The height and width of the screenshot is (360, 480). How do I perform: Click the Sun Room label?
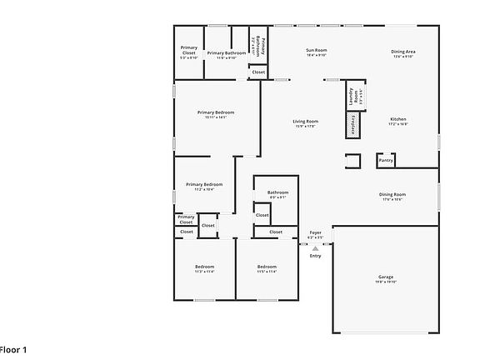316,52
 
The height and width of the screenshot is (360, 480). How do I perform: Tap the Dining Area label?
403,52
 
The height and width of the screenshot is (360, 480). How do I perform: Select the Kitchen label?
398,119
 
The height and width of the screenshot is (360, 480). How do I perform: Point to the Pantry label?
385,160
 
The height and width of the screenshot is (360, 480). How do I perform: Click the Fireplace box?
353,126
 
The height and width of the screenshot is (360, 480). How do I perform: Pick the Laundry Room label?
353,98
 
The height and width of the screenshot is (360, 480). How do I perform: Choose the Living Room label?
306,122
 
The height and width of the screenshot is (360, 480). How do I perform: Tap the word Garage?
386,277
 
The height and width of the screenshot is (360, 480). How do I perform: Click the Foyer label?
316,232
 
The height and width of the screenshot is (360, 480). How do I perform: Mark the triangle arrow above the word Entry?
316,248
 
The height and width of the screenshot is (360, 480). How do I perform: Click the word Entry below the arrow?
316,256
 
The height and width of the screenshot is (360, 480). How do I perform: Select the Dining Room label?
392,194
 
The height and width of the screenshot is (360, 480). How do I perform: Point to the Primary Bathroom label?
227,52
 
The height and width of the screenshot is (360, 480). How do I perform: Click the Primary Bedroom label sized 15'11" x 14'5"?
216,112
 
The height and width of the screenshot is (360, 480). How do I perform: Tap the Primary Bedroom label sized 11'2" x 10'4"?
204,184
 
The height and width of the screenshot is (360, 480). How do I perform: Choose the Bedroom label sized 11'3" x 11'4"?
204,267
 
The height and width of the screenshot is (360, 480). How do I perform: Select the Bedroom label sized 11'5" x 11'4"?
267,267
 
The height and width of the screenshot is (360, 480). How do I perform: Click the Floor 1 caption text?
13,350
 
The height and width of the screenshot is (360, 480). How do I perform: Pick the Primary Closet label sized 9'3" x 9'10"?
189,49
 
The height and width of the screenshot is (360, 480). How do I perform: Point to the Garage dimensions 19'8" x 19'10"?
386,282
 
